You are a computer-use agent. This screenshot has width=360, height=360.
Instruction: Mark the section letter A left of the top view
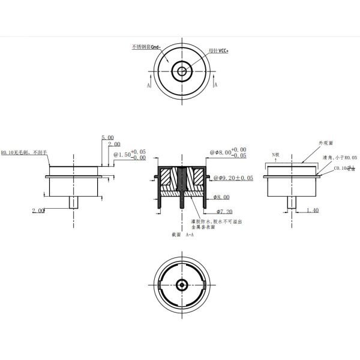[148, 86]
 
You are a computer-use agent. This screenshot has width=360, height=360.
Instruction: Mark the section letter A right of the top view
[215, 86]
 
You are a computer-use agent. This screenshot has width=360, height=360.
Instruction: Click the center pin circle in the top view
[181, 72]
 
